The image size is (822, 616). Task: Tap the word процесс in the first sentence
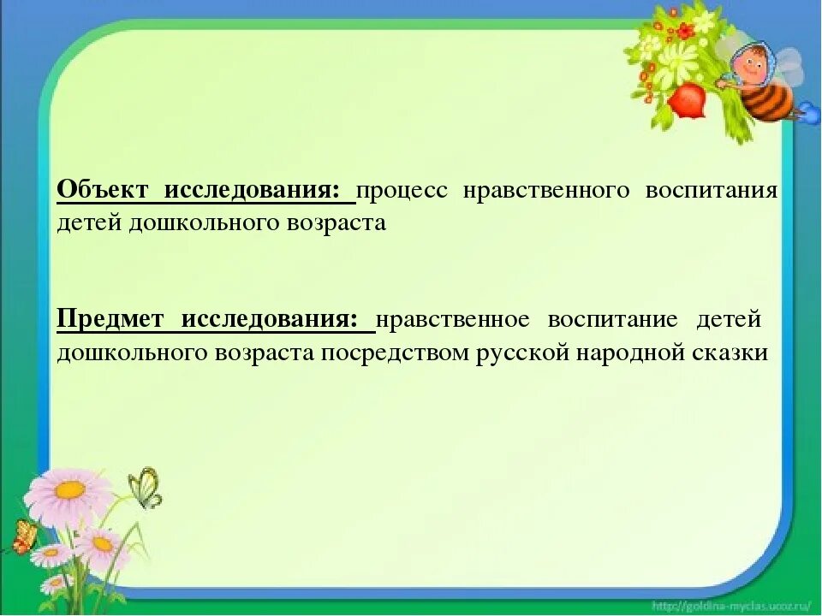pyautogui.click(x=402, y=191)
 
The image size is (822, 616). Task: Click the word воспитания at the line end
pyautogui.click(x=712, y=190)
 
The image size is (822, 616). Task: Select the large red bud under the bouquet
pyautogui.click(x=686, y=100)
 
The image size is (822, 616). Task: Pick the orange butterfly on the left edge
pyautogui.click(x=24, y=536)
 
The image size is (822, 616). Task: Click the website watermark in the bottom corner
pyautogui.click(x=731, y=605)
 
